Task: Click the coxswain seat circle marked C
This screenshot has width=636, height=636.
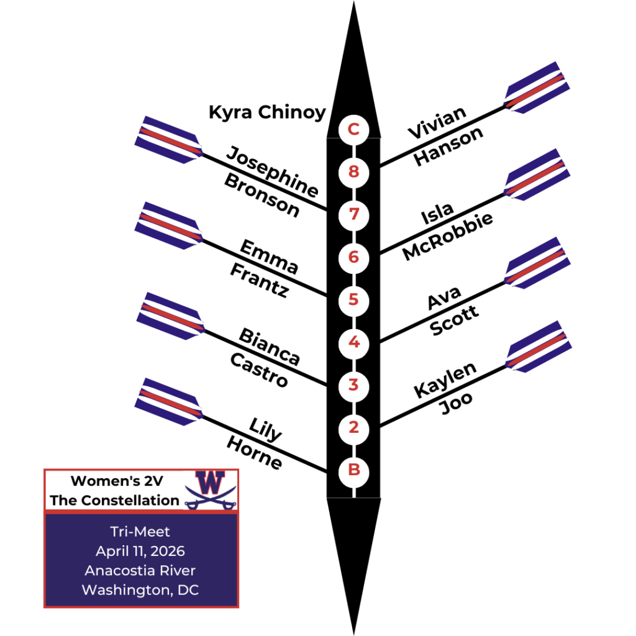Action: point(353,130)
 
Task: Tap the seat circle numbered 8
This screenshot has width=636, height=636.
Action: point(353,171)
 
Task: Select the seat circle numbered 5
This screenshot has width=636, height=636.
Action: point(353,299)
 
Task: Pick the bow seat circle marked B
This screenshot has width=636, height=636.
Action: point(353,470)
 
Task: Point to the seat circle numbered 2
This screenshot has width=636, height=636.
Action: point(353,427)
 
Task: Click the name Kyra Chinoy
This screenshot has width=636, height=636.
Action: point(267,112)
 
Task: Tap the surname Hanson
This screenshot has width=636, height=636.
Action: point(448,147)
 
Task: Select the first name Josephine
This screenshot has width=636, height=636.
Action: point(272,171)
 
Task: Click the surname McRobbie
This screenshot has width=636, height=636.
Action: point(447,237)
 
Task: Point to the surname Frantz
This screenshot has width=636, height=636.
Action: point(259,280)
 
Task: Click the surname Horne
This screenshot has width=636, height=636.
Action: point(254,453)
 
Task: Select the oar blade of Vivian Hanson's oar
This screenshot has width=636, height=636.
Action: point(537,87)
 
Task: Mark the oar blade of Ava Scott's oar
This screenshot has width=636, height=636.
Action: point(538,263)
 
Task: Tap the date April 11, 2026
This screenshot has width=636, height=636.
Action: point(140,551)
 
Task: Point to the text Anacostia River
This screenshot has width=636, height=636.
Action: point(140,570)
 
